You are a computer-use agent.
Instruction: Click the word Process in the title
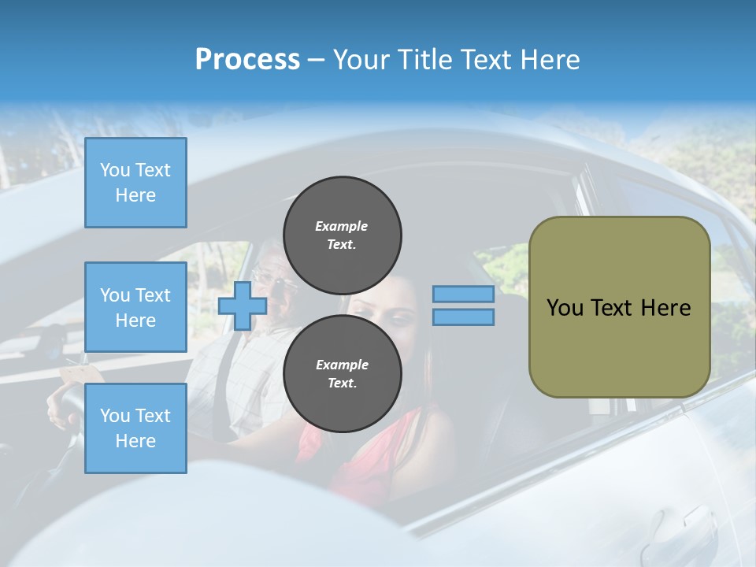(247, 60)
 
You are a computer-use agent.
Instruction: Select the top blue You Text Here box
(135, 183)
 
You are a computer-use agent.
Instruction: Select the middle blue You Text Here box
(135, 307)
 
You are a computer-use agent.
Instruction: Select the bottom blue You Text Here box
(135, 428)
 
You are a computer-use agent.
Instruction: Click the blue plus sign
(242, 306)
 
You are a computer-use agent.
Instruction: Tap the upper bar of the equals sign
(464, 295)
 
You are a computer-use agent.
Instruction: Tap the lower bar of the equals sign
(464, 317)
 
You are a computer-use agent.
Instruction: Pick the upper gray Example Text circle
(343, 235)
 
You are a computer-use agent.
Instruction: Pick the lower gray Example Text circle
(343, 373)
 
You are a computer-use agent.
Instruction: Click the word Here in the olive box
(666, 308)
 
